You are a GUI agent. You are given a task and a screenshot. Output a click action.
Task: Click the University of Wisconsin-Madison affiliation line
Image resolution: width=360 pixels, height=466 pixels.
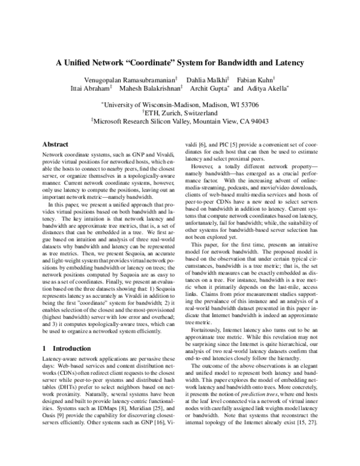[x=180, y=103]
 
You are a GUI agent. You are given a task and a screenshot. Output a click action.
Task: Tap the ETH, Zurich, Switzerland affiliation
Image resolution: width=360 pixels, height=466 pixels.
[x=180, y=112]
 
